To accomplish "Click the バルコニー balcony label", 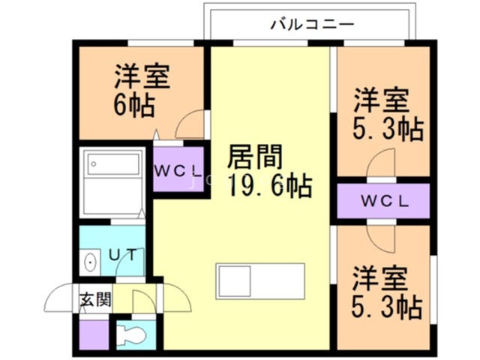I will point(312,24).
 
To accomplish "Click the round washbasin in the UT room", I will point(91,262).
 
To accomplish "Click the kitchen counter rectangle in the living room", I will point(260,281).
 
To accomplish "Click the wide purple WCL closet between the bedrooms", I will point(382,201).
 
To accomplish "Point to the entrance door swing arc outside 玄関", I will point(60,298).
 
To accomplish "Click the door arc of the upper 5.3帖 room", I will point(381,163).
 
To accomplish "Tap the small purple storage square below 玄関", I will point(94,333).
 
